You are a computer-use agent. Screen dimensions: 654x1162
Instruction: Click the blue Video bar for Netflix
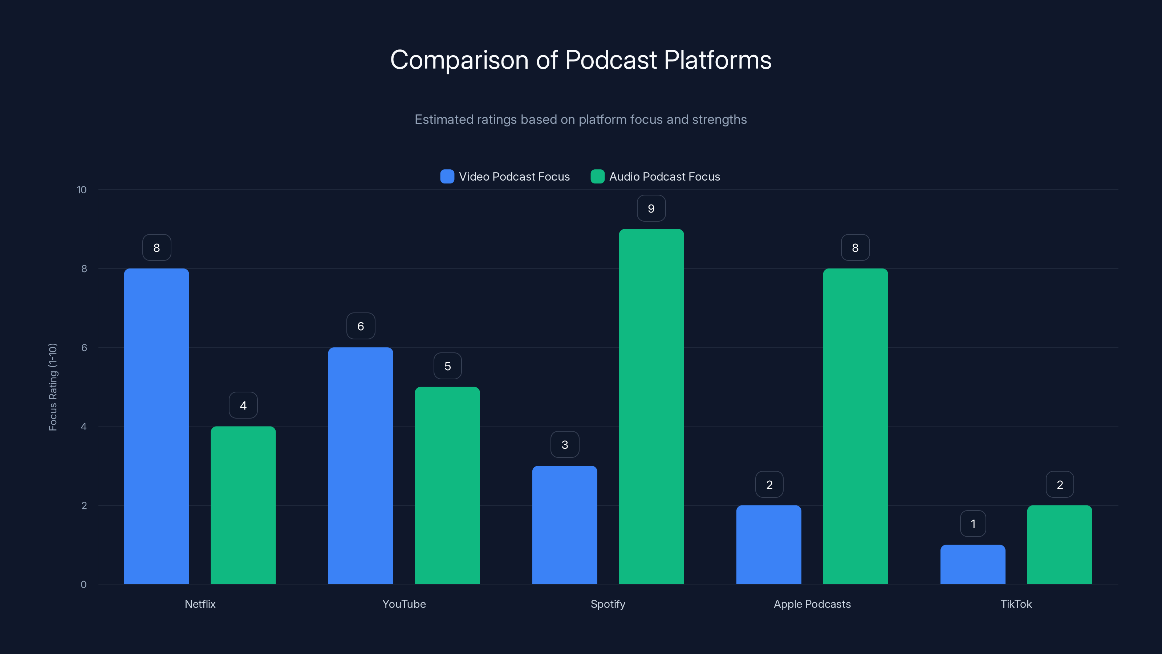pos(157,426)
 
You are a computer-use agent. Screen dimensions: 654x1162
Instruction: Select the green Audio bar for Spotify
pos(651,406)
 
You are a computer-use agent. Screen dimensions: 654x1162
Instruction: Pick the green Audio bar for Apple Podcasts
pos(855,426)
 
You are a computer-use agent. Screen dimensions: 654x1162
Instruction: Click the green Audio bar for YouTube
pos(447,485)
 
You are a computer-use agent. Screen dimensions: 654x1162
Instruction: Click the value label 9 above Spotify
pos(651,209)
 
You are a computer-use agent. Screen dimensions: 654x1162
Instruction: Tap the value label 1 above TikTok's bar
pos(973,524)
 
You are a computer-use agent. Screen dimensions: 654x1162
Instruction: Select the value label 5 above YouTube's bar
pos(447,366)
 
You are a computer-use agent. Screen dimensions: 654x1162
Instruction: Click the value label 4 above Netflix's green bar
pos(243,405)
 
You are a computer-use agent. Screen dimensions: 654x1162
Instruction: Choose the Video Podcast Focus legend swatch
pos(447,177)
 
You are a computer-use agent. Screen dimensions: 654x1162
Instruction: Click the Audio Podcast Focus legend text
pos(665,177)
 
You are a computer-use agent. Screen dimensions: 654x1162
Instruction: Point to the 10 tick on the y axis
pos(82,190)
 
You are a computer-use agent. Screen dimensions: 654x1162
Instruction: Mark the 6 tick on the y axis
pos(84,348)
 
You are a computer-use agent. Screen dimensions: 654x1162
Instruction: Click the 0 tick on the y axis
pos(84,585)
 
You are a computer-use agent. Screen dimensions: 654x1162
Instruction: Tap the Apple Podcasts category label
pos(812,604)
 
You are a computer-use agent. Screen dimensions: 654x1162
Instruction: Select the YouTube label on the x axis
pos(404,604)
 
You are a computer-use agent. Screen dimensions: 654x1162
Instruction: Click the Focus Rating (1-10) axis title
pos(53,387)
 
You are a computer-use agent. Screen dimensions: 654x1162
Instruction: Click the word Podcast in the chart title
pos(611,60)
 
